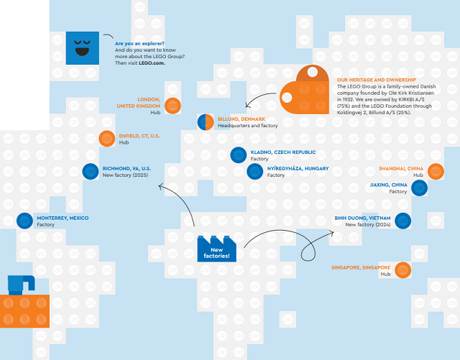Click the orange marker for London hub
[x=172, y=106]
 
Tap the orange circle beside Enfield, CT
[x=107, y=139]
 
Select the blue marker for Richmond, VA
[x=91, y=171]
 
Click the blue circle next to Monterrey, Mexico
[x=24, y=221]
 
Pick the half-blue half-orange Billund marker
[x=206, y=122]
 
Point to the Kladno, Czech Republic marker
[x=238, y=155]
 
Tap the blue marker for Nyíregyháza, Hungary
[x=254, y=171]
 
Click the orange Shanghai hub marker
[x=436, y=171]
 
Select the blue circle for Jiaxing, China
[x=419, y=188]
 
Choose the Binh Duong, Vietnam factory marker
[x=402, y=221]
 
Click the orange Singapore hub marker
[x=402, y=270]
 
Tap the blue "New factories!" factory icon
[x=217, y=249]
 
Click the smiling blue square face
[x=83, y=48]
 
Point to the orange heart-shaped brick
[x=304, y=90]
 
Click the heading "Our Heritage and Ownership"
[x=377, y=80]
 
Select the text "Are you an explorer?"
[x=139, y=43]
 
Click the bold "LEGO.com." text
[x=152, y=63]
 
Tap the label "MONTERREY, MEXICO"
[x=63, y=218]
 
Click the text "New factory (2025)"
[x=125, y=175]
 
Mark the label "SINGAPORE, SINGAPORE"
[x=361, y=267]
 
